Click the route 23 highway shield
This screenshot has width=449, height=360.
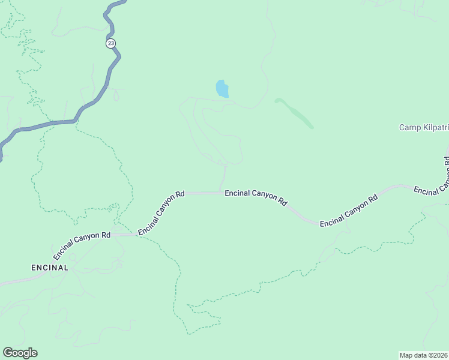(110, 43)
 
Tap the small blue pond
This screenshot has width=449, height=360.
(222, 89)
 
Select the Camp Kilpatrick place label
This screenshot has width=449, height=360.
(424, 127)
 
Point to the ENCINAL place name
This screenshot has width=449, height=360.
(50, 268)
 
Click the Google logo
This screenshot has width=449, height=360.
(20, 353)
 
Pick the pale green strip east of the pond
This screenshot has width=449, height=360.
(295, 112)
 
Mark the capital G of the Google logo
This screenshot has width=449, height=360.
(8, 353)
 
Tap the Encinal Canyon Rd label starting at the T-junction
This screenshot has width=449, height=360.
(256, 198)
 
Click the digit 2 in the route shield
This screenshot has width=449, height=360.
(109, 43)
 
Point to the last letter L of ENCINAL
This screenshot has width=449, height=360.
(66, 268)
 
